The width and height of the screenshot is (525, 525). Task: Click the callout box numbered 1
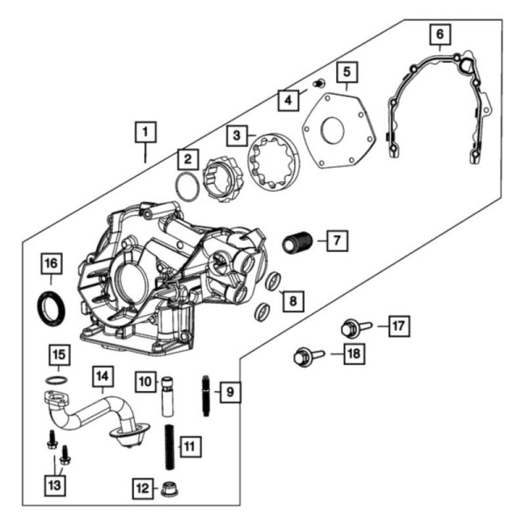click(x=145, y=133)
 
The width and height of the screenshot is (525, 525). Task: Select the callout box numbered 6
click(x=439, y=34)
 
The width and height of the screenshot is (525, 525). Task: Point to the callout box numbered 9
click(x=228, y=391)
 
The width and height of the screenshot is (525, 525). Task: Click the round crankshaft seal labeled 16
click(x=50, y=307)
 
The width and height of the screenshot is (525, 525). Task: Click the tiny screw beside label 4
click(x=319, y=83)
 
